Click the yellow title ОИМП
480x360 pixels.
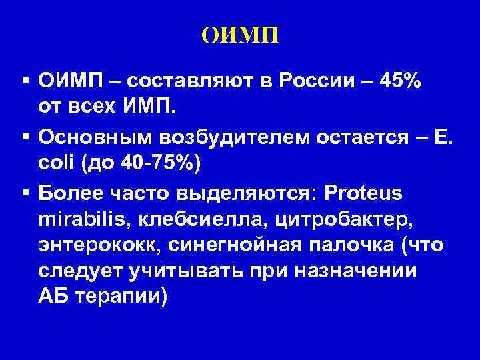[240, 33]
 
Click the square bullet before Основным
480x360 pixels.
[25, 135]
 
